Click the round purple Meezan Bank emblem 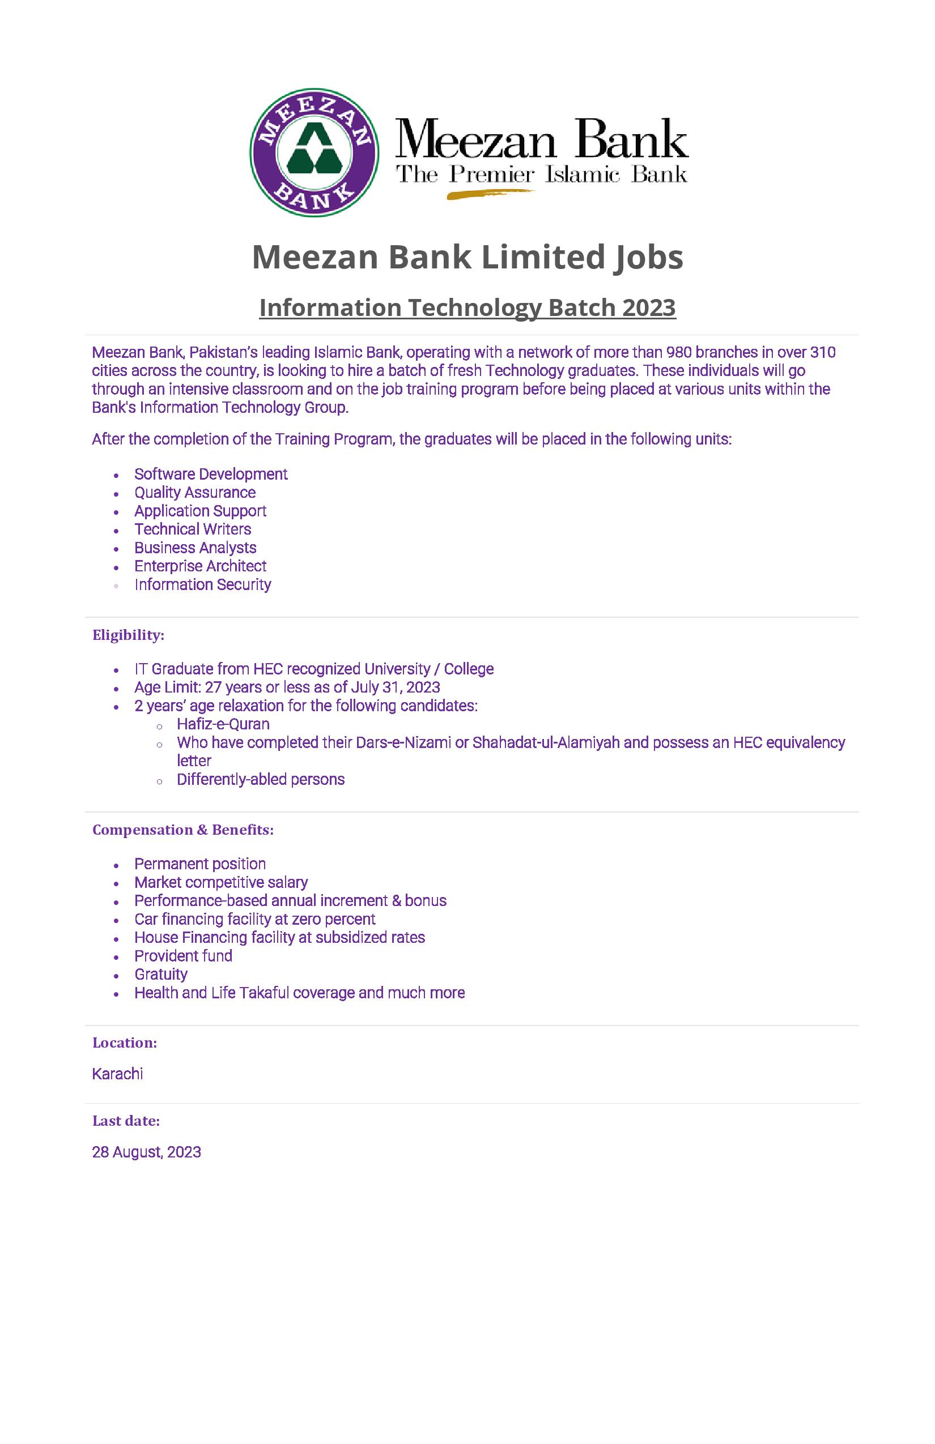pyautogui.click(x=314, y=152)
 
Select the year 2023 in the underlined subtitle pyautogui.click(x=648, y=307)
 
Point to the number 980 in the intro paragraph pyautogui.click(x=679, y=352)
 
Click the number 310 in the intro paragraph pyautogui.click(x=823, y=352)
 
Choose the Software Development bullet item pyautogui.click(x=211, y=474)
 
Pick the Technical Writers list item pyautogui.click(x=193, y=529)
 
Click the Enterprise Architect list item pyautogui.click(x=201, y=566)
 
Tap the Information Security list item pyautogui.click(x=203, y=584)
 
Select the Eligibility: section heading pyautogui.click(x=128, y=635)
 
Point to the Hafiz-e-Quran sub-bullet pyautogui.click(x=223, y=724)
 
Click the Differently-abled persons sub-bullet pyautogui.click(x=261, y=780)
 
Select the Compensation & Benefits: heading pyautogui.click(x=182, y=830)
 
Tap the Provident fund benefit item pyautogui.click(x=184, y=956)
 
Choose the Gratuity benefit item pyautogui.click(x=161, y=975)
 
